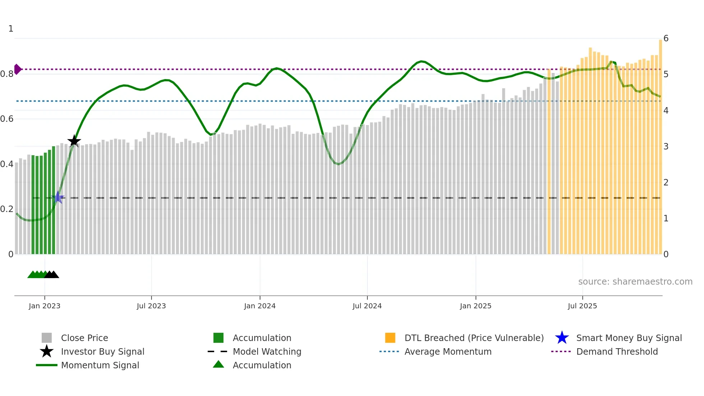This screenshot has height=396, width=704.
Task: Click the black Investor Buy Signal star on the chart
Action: point(74,141)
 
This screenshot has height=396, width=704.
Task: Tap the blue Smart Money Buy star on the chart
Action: point(58,197)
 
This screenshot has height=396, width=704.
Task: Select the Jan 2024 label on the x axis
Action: point(260,306)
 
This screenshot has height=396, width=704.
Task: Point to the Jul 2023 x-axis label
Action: point(151,306)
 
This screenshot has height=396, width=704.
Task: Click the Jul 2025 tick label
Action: point(582,306)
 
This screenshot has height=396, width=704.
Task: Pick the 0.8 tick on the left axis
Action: point(7,74)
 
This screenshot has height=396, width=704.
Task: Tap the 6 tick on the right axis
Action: point(666,38)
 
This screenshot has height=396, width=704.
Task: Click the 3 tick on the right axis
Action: point(666,146)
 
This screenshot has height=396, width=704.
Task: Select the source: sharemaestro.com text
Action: point(635,281)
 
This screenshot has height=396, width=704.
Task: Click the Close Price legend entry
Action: point(84,338)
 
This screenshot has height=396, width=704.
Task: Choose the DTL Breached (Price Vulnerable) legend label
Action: point(474,338)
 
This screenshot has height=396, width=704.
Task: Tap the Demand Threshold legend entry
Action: point(617,351)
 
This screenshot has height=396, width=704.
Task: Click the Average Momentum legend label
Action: point(448,351)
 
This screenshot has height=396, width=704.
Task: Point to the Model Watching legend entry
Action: point(267,351)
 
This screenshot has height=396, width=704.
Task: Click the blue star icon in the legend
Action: point(562,338)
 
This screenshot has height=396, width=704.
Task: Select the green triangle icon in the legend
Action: point(218,364)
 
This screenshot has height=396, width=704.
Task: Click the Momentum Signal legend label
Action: point(100,365)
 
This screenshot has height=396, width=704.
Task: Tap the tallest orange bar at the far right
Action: point(660,144)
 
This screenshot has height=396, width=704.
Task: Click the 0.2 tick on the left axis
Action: point(7,209)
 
